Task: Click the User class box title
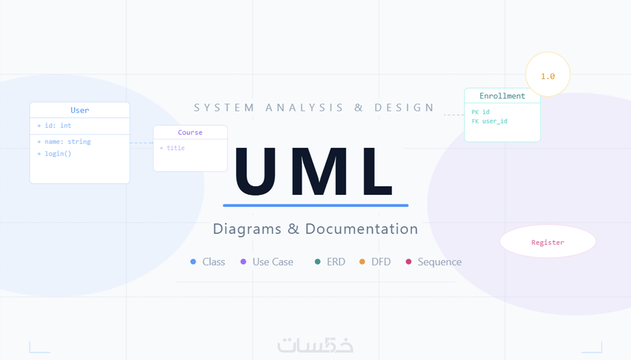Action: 80,110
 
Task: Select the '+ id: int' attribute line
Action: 54,126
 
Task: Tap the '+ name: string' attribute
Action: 64,142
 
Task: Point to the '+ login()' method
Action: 54,154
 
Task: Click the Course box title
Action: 190,132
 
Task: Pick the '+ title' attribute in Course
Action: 172,148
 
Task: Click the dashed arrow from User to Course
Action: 142,143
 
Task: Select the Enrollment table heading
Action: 502,96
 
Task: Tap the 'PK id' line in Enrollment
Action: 481,112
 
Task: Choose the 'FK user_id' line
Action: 490,121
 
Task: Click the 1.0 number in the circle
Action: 548,76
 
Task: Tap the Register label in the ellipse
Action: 548,242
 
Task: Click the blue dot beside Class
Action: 193,262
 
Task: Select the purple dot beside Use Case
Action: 243,262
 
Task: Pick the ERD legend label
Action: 336,262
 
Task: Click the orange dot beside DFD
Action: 362,262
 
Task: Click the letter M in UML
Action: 320,171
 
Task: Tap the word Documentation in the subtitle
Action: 362,229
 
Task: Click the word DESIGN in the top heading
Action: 404,108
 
